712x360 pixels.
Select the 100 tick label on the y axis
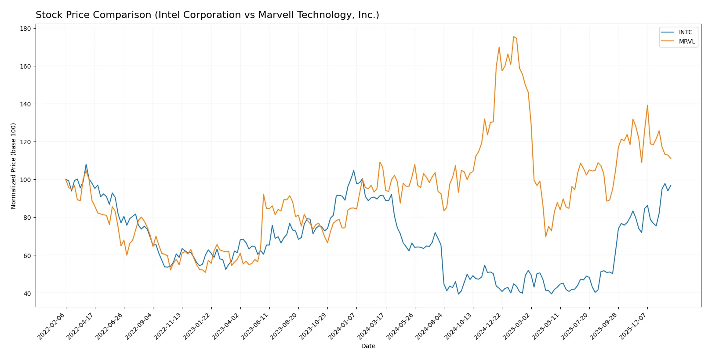pyautogui.click(x=25, y=180)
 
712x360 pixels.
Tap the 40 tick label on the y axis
pyautogui.click(x=27, y=293)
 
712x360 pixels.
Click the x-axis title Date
pyautogui.click(x=368, y=346)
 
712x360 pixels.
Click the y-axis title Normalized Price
pyautogui.click(x=14, y=166)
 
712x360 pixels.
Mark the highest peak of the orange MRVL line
pyautogui.click(x=513, y=36)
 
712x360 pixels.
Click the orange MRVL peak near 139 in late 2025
pyautogui.click(x=647, y=105)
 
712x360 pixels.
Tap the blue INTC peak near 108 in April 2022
pyautogui.click(x=86, y=164)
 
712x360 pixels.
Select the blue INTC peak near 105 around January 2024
pyautogui.click(x=354, y=171)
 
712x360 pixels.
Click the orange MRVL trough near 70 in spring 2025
pyautogui.click(x=546, y=237)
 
